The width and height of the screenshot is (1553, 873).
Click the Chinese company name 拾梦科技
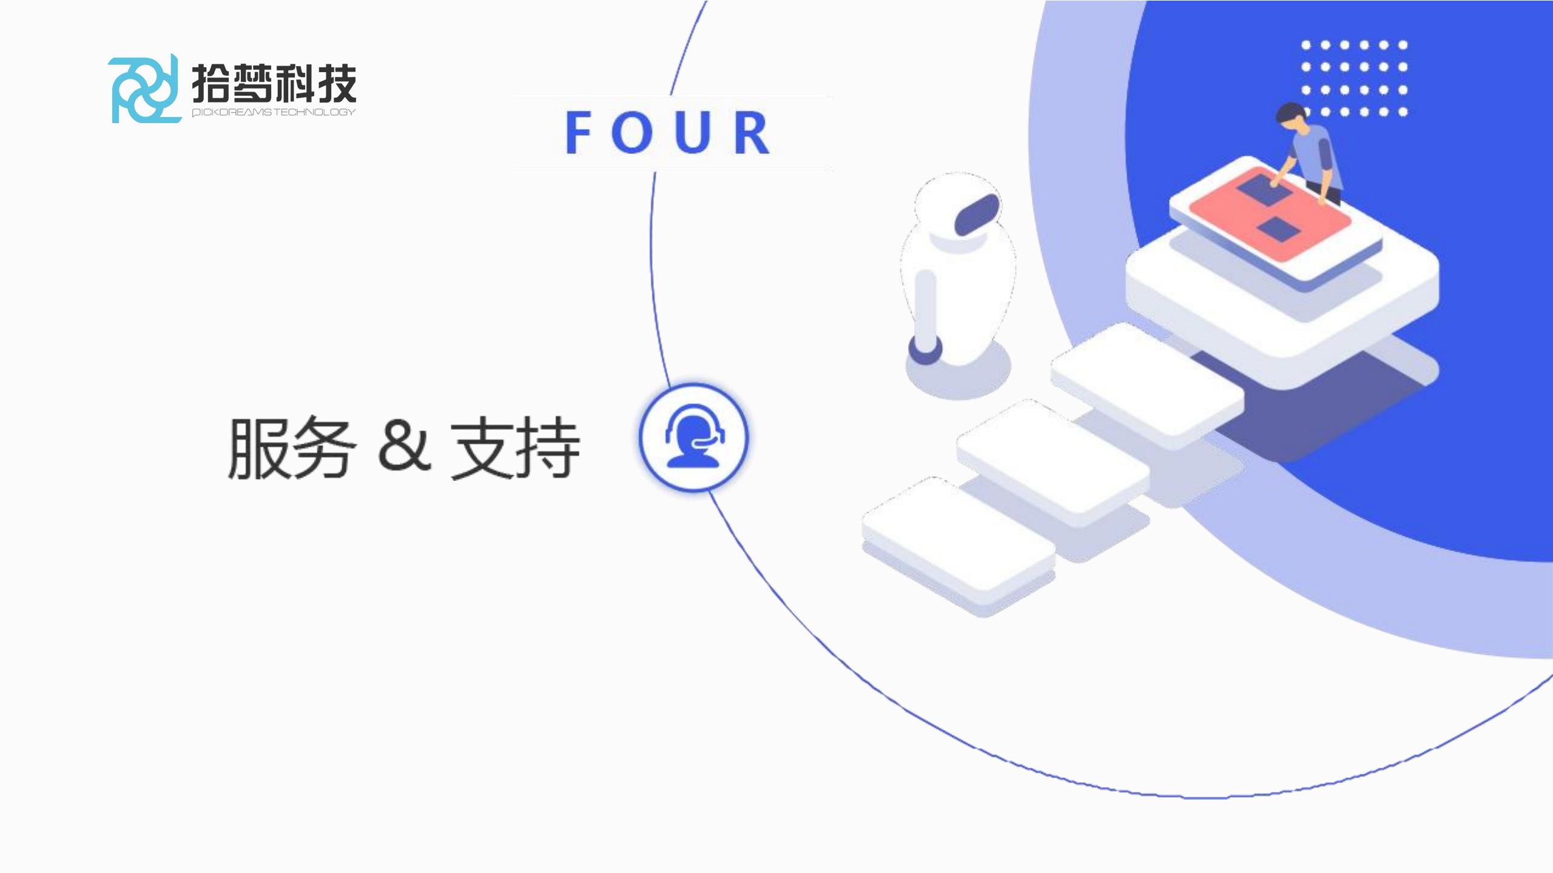point(274,83)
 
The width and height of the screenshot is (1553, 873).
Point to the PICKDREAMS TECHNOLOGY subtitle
point(274,112)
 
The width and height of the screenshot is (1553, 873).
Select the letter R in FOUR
point(752,133)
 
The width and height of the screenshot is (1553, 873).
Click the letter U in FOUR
point(692,133)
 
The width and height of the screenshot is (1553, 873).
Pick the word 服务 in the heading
point(289,448)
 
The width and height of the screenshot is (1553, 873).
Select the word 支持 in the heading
point(515,448)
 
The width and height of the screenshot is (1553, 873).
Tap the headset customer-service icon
point(694,437)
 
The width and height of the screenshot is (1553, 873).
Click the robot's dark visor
point(977,214)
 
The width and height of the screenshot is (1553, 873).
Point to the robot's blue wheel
point(925,350)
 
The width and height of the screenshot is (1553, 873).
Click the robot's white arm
point(925,306)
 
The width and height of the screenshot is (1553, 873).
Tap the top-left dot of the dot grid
point(1306,45)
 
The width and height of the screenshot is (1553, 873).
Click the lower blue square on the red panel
point(1278,229)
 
